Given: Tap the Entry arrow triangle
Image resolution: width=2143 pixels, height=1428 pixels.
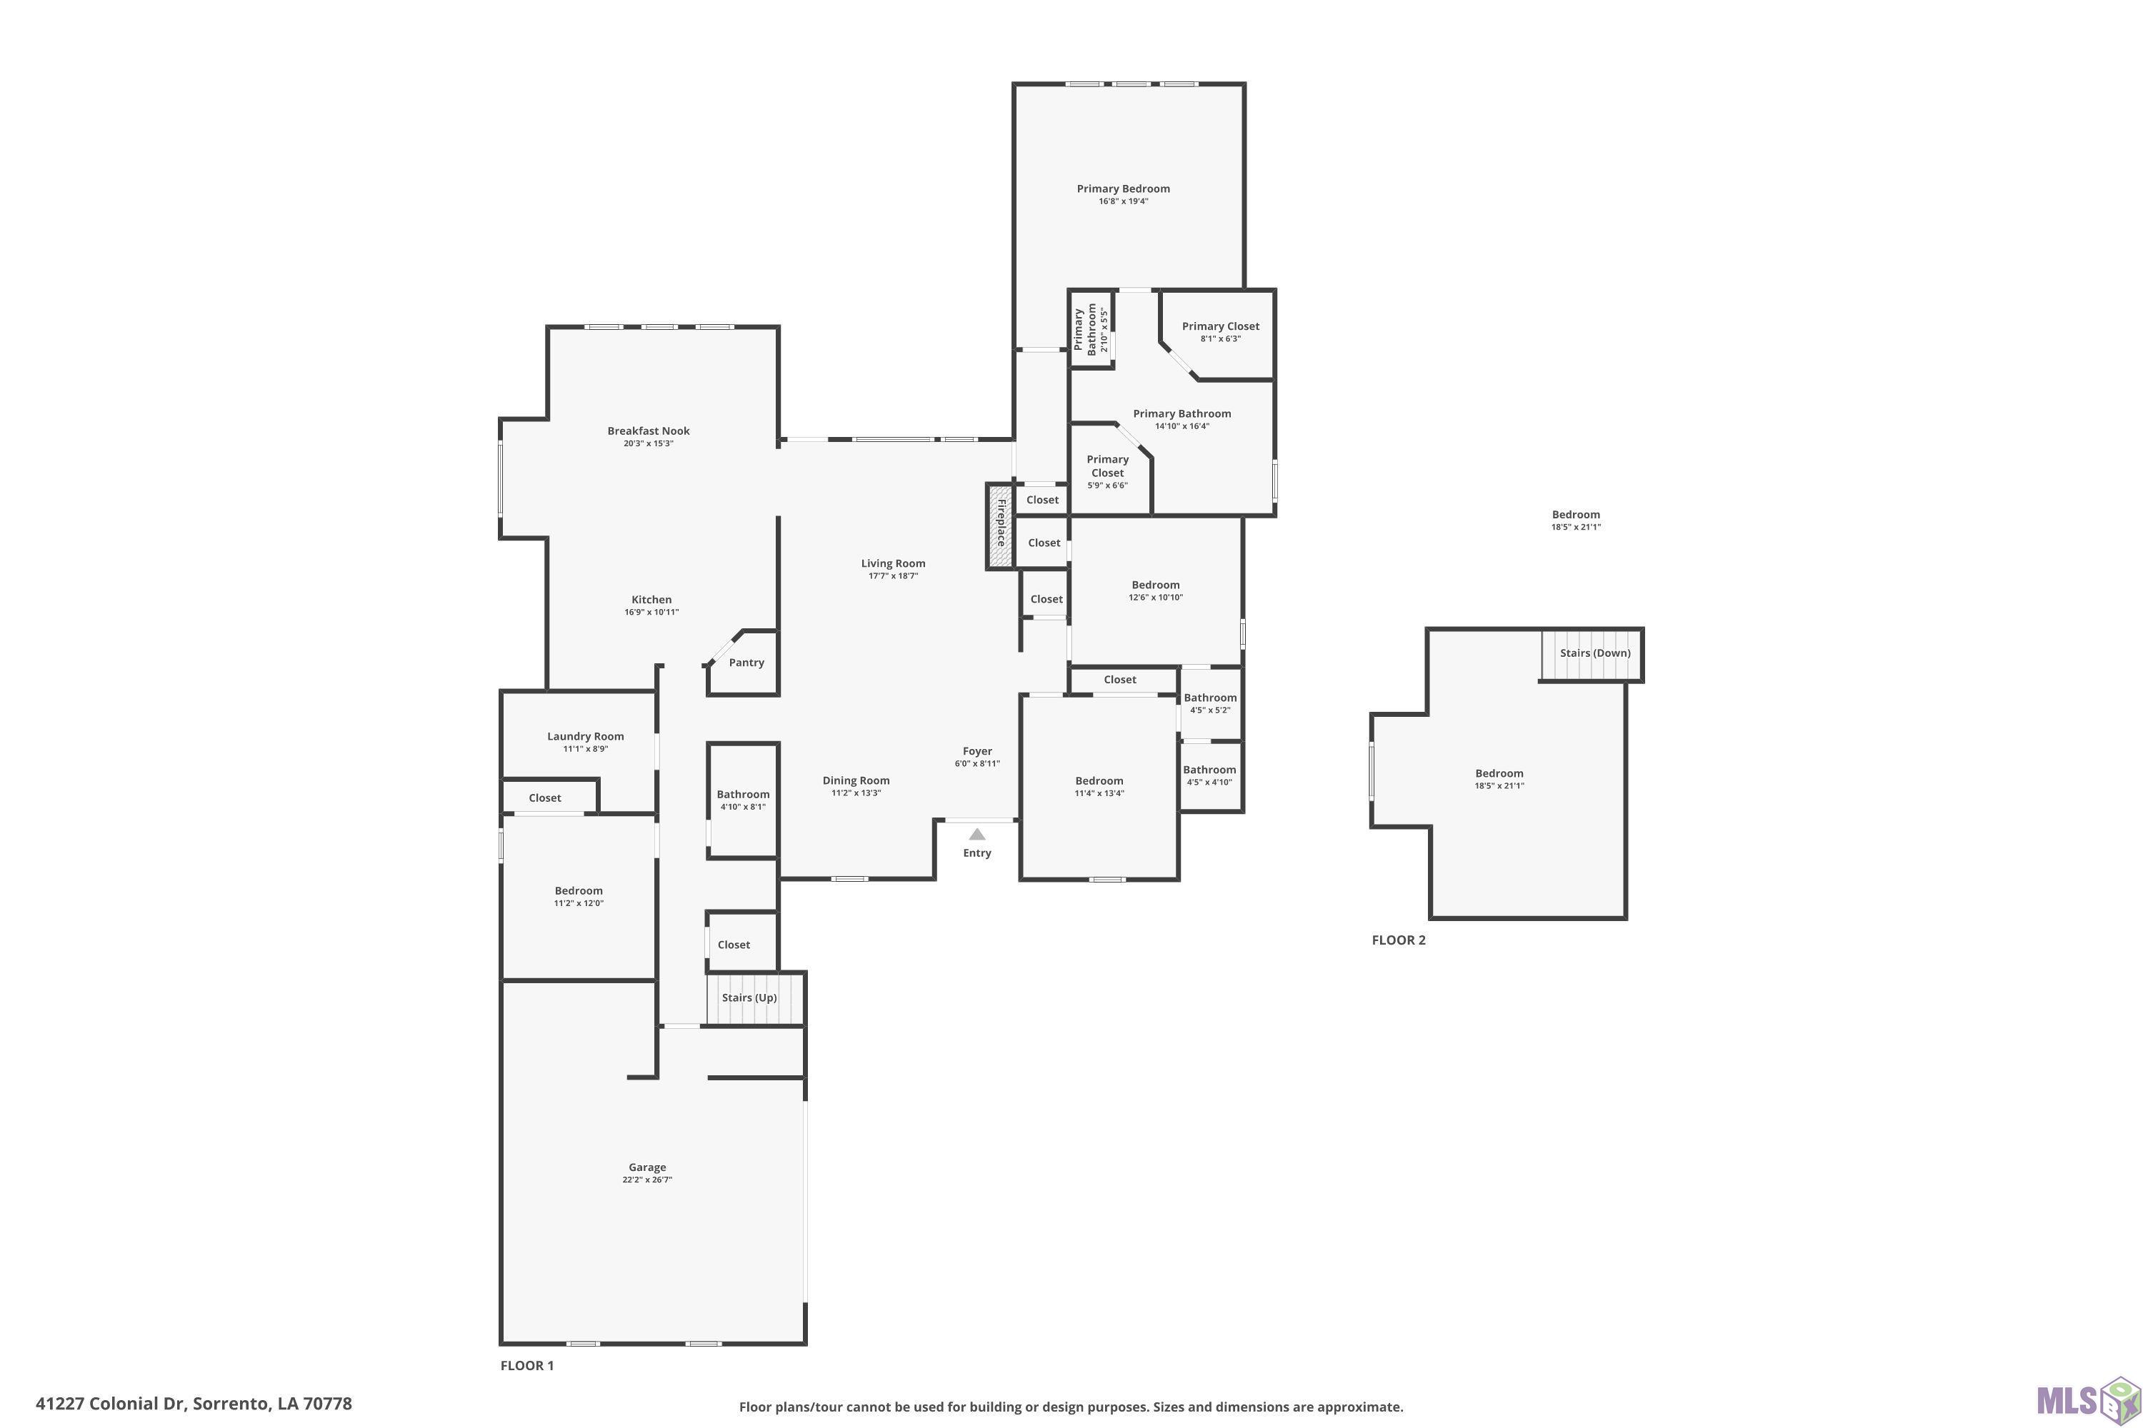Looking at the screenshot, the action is pos(976,834).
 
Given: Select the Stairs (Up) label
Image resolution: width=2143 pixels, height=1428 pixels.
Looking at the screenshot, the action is pos(749,997).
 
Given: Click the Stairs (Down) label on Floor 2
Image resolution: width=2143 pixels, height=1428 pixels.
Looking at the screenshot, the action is pos(1594,653).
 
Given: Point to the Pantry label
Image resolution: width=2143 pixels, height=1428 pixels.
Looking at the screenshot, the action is pos(746,662).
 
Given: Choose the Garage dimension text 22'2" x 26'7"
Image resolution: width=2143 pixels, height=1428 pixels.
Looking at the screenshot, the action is pos(647,1180).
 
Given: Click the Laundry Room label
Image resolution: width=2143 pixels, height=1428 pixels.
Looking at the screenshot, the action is pos(585,736).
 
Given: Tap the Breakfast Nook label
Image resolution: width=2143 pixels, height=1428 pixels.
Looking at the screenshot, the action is pos(649,431).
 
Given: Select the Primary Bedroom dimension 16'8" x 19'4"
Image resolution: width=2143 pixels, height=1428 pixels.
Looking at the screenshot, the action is pos(1124,201).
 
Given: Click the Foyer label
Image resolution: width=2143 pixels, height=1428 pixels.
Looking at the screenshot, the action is pos(976,751).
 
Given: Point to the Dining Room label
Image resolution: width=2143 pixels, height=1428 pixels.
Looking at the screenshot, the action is pos(856,780).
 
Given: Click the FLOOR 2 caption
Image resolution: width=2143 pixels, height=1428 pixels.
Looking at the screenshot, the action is pos(1399,940).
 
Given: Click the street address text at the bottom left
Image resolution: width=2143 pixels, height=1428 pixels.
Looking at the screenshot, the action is pos(193,1404).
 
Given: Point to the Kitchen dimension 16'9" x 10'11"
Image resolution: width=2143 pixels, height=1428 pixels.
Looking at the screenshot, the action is pos(651,612).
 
